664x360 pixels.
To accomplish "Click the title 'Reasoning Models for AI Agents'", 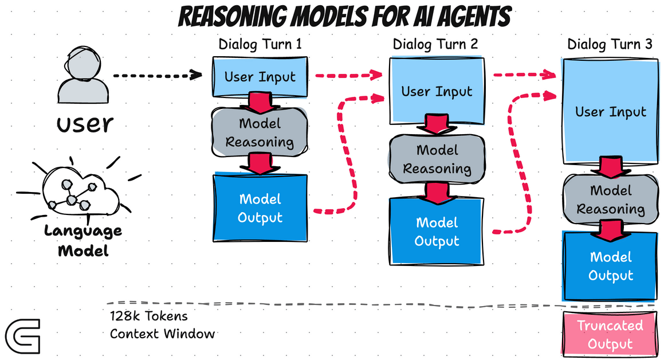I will (344, 17).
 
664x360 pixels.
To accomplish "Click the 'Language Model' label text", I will (83, 241).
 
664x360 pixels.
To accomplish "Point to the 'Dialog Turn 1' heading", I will (260, 45).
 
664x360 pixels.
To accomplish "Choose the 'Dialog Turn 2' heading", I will (435, 45).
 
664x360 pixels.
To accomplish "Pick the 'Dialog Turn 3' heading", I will (610, 45).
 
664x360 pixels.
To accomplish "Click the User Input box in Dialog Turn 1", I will (260, 77).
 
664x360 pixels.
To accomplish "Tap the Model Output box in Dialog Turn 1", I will (260, 208).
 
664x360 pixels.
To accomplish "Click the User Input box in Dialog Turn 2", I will (437, 91).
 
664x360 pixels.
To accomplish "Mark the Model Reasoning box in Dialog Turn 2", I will (437, 159).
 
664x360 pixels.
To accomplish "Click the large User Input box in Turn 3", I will (611, 111).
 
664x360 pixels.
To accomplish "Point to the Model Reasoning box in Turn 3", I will (611, 199).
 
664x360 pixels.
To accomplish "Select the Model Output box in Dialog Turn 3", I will (611, 266).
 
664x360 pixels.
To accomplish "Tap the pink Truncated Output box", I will (610, 335).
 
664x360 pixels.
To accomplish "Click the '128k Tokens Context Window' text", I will (162, 324).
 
